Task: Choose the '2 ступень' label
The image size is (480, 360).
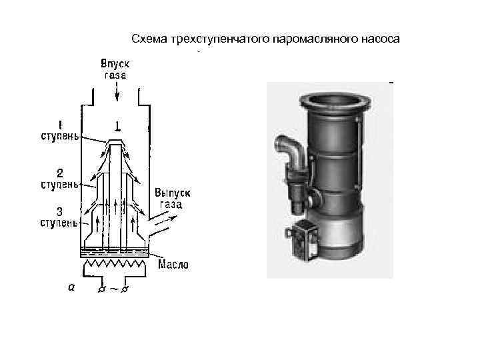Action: [58, 177]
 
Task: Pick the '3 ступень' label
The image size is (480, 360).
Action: [58, 217]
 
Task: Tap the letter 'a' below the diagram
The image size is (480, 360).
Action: [71, 287]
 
